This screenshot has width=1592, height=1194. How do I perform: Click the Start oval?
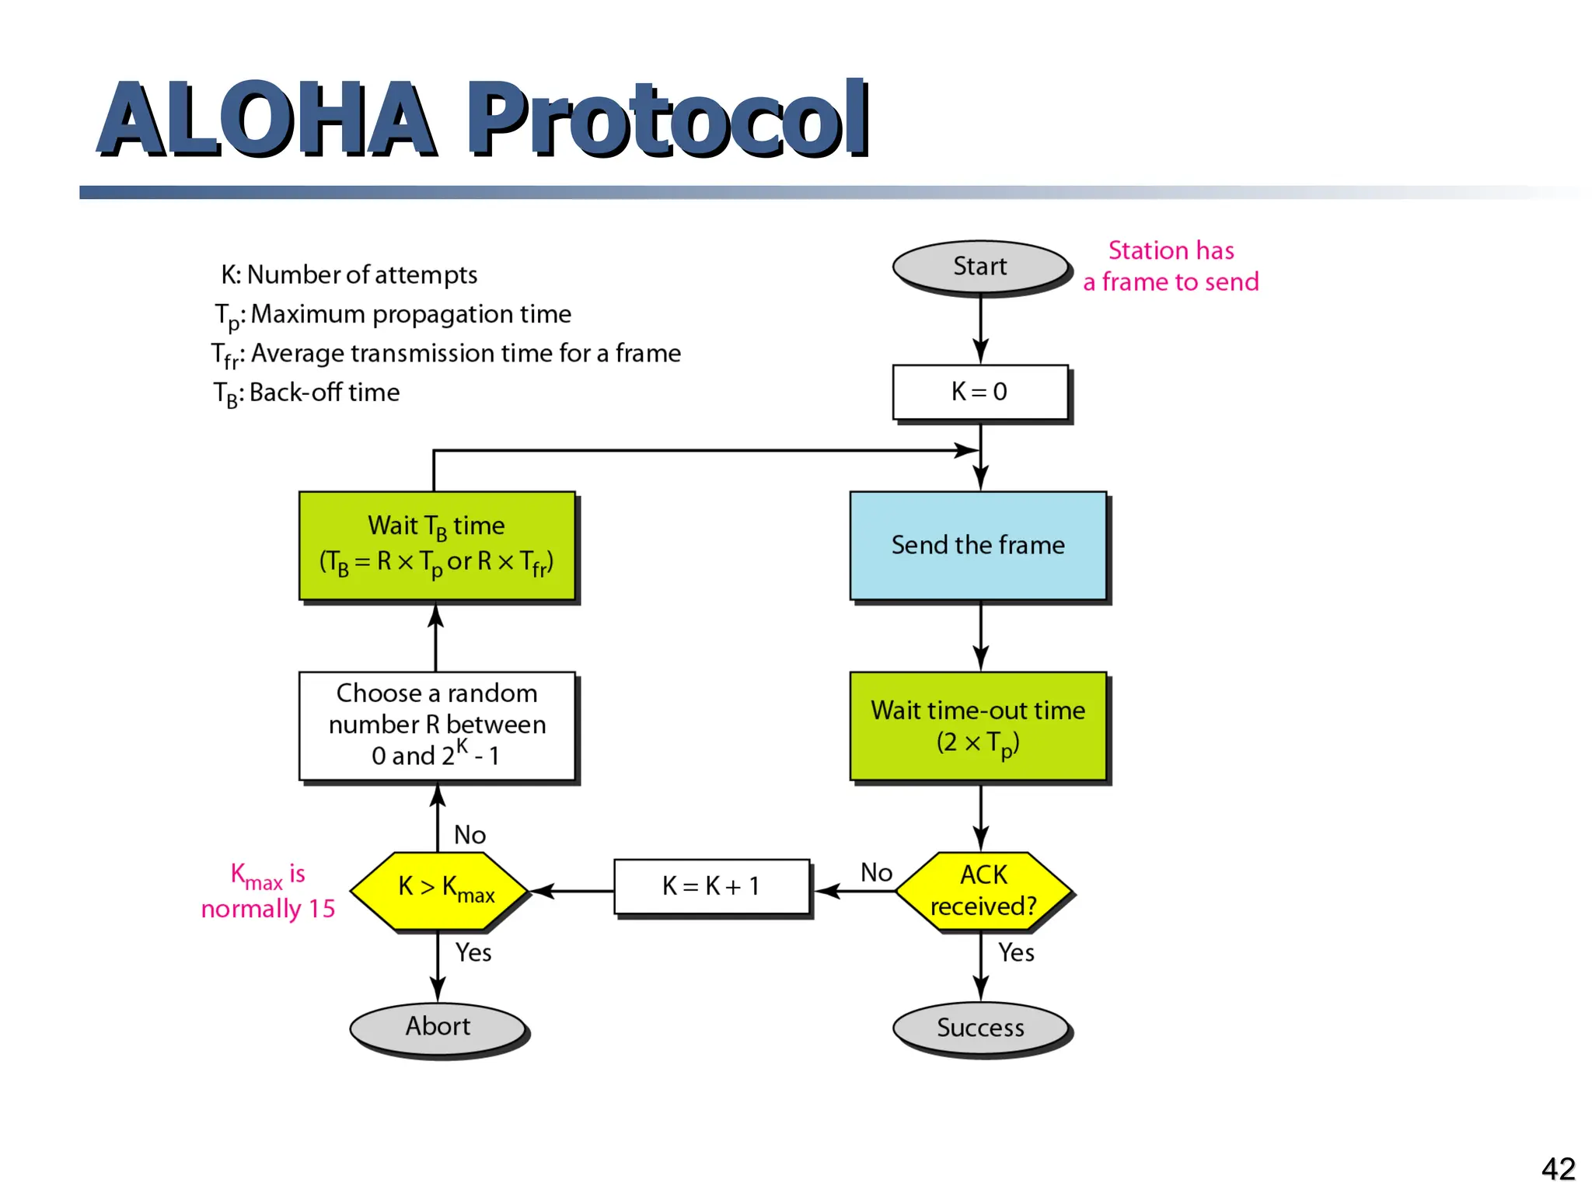(979, 267)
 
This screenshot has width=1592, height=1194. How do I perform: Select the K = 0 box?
(979, 392)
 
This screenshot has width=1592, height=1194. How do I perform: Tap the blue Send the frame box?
(978, 545)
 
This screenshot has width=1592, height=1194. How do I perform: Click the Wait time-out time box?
(978, 726)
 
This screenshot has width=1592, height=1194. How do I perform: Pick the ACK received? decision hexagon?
(983, 891)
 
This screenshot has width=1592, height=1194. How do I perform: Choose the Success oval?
(980, 1028)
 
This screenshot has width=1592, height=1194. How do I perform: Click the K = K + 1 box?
(711, 886)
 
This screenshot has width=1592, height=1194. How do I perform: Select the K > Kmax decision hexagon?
(439, 891)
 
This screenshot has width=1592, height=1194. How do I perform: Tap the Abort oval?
(438, 1027)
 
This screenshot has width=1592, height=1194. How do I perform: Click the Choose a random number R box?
(437, 725)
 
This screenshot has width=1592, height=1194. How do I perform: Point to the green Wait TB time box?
(437, 545)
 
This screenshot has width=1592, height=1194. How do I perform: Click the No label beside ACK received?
(876, 872)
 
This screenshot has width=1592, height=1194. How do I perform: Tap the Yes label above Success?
(1016, 952)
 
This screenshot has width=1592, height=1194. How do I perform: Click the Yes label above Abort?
(473, 952)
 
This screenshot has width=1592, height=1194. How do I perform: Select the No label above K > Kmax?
(470, 835)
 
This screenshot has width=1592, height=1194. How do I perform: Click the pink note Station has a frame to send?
(1171, 266)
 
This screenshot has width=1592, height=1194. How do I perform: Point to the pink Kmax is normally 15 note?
(268, 891)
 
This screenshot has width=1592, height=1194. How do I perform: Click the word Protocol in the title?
(667, 118)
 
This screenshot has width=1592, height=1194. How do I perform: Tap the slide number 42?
(1558, 1168)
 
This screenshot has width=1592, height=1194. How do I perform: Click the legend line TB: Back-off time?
(306, 393)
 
